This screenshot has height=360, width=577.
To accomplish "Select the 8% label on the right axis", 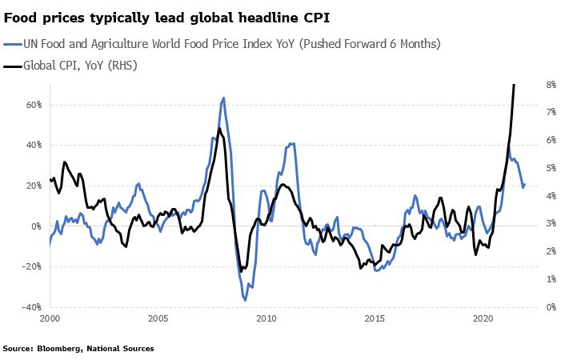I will click(551, 84).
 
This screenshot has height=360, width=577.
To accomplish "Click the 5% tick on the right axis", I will click(551, 168).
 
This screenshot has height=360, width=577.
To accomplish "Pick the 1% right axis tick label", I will click(551, 279).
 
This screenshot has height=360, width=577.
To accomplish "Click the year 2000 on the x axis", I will click(50, 318).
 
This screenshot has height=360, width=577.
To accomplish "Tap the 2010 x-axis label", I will click(266, 318).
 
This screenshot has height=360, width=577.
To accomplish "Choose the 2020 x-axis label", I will click(483, 318).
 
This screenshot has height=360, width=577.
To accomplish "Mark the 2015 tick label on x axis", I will click(375, 318).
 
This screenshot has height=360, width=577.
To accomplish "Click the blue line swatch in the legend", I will click(13, 44).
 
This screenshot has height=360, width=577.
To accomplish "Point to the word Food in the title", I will click(22, 15).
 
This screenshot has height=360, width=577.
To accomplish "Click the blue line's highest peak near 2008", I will click(223, 98).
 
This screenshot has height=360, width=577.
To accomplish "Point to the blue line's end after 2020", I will click(523, 186).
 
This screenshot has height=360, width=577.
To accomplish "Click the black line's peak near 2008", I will click(219, 128).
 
